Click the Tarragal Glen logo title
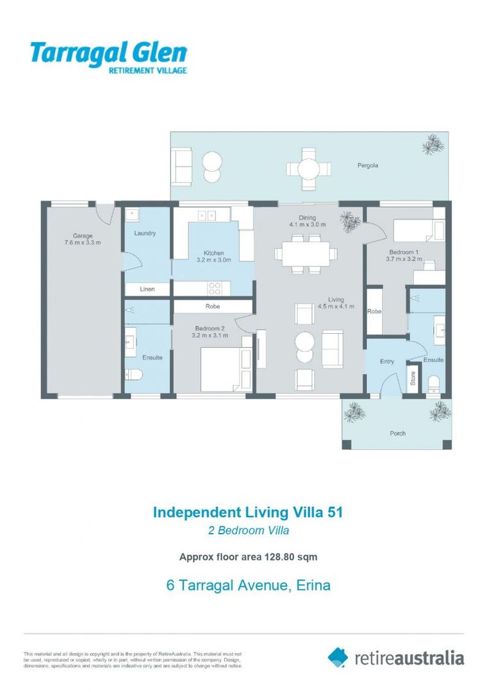click(x=108, y=52)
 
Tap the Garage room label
click(x=82, y=236)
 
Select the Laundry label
click(x=145, y=233)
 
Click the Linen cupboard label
click(x=147, y=290)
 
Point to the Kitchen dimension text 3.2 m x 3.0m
click(x=213, y=260)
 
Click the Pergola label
click(x=368, y=165)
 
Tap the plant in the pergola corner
click(x=433, y=145)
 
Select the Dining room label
click(x=307, y=218)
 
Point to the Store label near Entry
click(x=413, y=378)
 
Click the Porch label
click(x=397, y=433)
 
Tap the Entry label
click(x=386, y=362)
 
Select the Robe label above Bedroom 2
click(x=213, y=306)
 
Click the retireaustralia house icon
click(x=338, y=657)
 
